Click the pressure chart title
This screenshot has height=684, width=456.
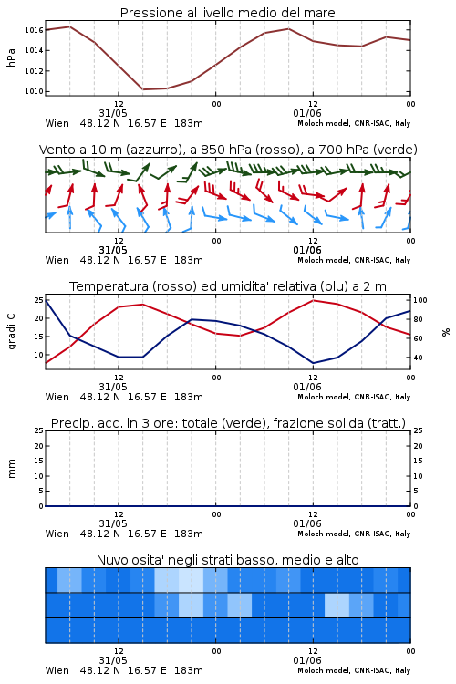227,13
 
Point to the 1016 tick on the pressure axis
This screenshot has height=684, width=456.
34,30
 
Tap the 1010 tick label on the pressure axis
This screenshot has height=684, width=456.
34,91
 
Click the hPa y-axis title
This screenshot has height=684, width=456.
11,57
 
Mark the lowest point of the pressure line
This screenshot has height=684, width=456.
143,89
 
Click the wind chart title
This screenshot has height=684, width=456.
228,150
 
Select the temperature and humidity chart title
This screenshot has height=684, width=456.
228,286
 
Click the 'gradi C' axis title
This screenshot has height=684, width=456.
12,332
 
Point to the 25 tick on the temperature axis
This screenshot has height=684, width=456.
39,300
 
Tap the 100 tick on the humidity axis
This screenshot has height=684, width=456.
420,300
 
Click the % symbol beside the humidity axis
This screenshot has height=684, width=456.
446,332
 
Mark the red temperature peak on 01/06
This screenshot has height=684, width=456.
314,300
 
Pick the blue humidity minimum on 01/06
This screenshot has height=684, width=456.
314,363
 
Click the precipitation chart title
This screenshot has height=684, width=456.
228,423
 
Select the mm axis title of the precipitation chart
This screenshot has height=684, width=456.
11,469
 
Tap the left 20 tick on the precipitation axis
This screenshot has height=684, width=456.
39,446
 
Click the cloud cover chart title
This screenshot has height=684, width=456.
227,560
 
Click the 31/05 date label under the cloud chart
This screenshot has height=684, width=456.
113,660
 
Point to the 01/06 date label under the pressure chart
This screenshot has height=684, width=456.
307,113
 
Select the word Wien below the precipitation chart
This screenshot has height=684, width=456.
57,534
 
